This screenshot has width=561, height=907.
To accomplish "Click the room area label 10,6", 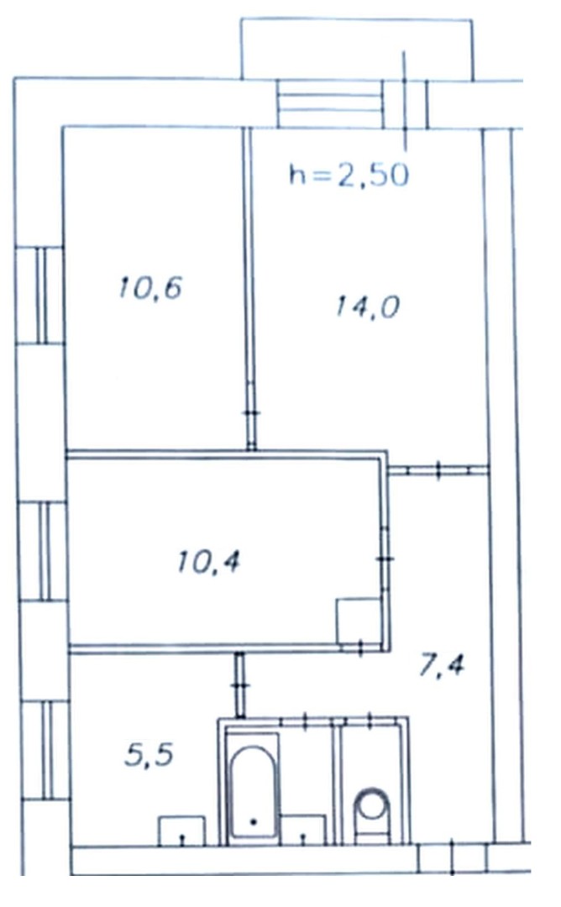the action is pos(150,287).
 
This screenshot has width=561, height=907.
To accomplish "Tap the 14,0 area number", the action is pos(368,306).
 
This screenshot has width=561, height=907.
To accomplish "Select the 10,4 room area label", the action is pos(208,562).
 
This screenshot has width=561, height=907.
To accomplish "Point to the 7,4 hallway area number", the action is pos(441,665).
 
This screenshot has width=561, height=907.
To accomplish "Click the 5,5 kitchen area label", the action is pos(149,755).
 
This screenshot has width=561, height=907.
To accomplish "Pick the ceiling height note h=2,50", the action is pos(349,174).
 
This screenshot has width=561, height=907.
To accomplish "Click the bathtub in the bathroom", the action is pos(253,790).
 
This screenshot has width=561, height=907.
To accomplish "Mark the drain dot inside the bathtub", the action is pos(253,821).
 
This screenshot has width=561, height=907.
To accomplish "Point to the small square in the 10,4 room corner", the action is pos(359,621).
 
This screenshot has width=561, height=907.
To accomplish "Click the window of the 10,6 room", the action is pos(42,296).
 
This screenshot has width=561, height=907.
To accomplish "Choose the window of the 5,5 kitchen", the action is pos(47,750).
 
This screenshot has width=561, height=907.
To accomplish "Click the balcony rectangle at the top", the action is pos(357,50).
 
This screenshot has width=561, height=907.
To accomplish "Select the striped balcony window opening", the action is pos(330,103).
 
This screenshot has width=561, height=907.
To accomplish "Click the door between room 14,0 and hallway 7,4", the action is pos(438,469).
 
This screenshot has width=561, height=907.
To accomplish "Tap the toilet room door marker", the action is pos(370,721).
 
